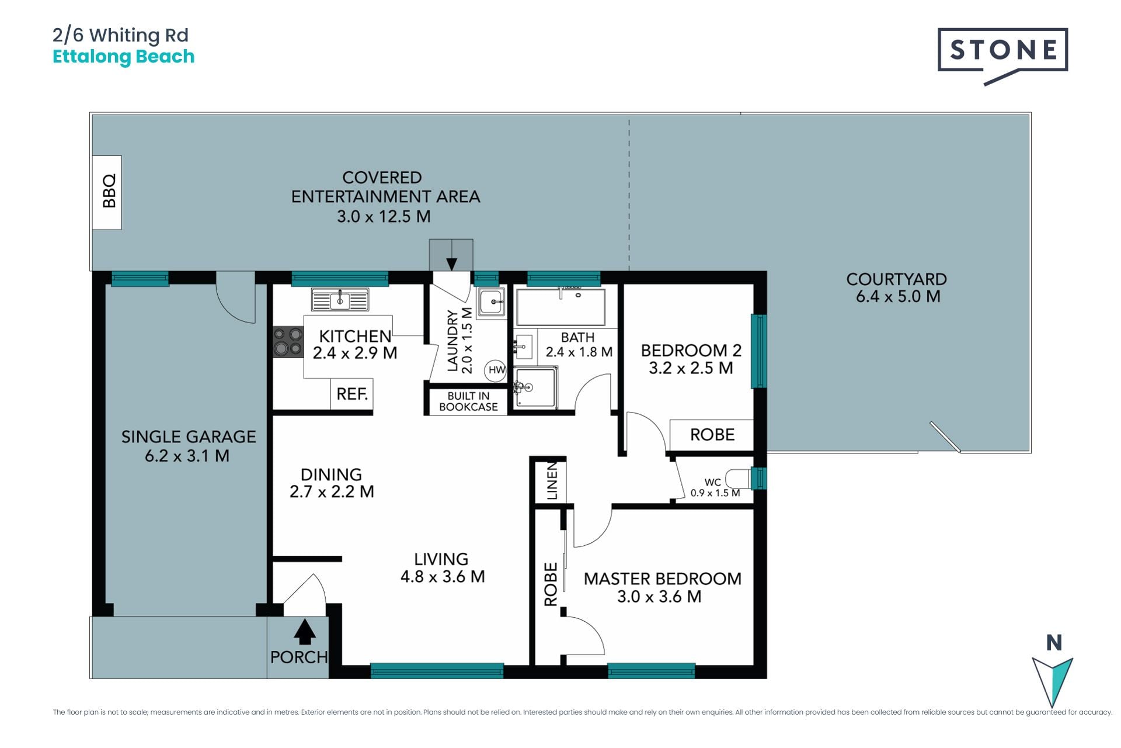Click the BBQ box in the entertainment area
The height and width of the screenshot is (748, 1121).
point(107,192)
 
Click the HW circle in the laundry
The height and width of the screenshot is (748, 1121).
point(496,370)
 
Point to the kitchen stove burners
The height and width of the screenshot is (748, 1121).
point(288,342)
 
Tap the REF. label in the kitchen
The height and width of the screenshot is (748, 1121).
point(352,394)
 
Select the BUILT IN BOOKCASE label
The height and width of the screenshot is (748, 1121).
point(468,401)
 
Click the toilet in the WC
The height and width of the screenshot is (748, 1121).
point(738,479)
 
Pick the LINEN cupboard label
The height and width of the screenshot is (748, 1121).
point(552,481)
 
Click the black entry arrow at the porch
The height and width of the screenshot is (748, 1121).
point(304,632)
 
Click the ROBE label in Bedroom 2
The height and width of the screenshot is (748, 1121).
point(712,435)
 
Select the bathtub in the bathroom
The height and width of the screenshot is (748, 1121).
point(560,307)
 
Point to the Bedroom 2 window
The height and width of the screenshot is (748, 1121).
point(758,351)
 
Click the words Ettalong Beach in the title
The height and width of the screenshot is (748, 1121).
point(123,57)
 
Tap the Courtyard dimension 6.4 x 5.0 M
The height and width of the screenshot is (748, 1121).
point(898,296)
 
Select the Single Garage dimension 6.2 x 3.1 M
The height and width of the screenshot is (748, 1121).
point(187,456)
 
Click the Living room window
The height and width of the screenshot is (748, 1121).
point(437,670)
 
